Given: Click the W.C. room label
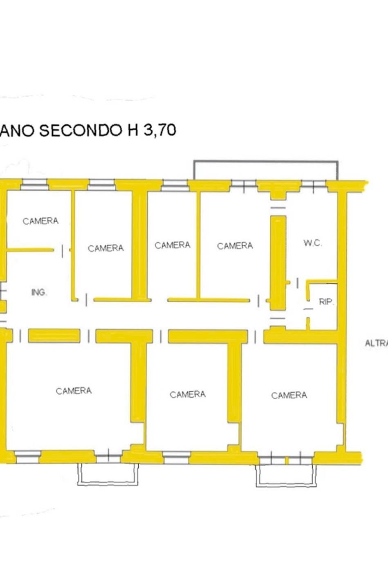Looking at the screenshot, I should coord(313,243).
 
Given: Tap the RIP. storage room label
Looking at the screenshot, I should coord(326,302).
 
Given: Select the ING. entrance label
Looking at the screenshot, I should coord(39,292).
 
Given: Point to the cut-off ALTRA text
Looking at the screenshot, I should coord(376,344).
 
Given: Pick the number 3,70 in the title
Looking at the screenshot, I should coord(159,130).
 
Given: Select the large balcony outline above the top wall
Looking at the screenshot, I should coord(266,169).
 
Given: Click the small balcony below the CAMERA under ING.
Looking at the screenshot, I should coord(108,474).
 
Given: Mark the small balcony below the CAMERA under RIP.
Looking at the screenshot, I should coord(286,476).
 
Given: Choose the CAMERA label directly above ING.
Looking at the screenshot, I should coord(40,221).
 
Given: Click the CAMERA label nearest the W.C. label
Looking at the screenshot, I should coord(235,246).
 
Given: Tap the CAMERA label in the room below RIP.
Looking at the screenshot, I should coord(289,395).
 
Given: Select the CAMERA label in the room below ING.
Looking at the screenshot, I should coord(74,391).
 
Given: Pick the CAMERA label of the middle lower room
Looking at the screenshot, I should coord(188,395).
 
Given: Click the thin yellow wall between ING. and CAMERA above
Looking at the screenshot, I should coord(31,249).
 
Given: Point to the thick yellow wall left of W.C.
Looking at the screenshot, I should coord(278,262).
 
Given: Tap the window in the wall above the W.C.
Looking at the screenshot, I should coord(314,186).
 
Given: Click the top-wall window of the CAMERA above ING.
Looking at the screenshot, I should coord(34,185).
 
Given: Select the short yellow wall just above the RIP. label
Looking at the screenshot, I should coord(322,281).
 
